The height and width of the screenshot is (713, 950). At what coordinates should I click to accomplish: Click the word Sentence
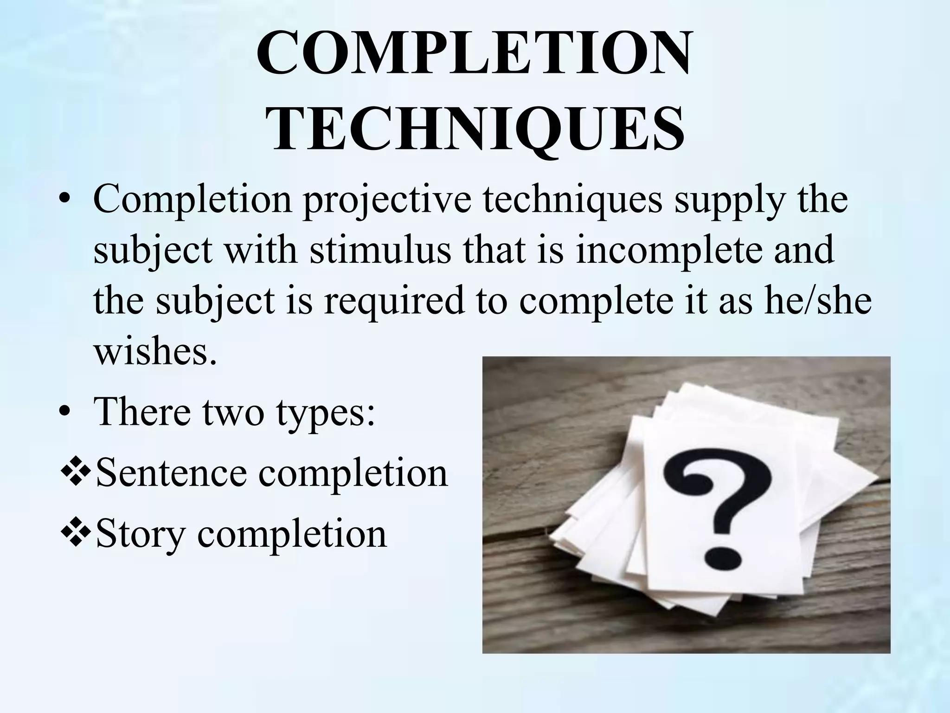171,473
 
